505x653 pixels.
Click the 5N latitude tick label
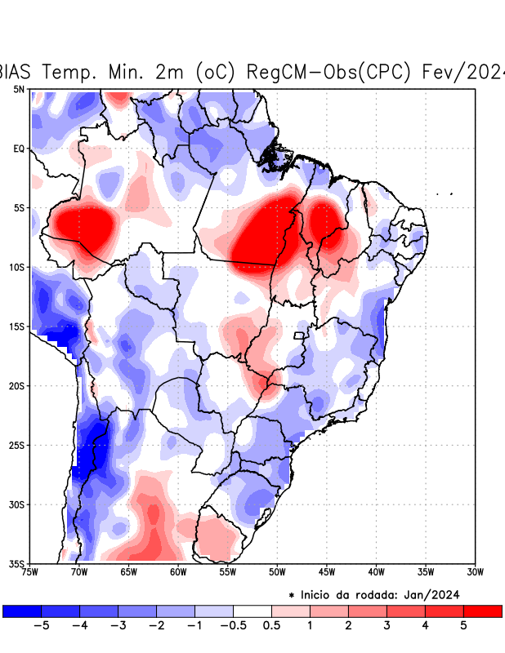[19, 89]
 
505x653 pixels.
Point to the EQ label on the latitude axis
[19, 149]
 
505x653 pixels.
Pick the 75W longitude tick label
[29, 571]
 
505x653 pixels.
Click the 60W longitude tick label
[178, 571]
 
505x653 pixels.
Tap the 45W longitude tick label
[327, 571]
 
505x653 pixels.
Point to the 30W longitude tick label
[475, 571]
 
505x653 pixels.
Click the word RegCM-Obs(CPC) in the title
[326, 72]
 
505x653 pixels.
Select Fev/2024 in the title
[462, 72]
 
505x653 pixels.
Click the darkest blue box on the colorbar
[22, 611]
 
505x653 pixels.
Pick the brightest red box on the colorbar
[482, 611]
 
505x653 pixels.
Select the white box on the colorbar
[252, 611]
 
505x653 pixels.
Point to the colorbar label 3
[387, 627]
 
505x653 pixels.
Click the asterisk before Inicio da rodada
[292, 595]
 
